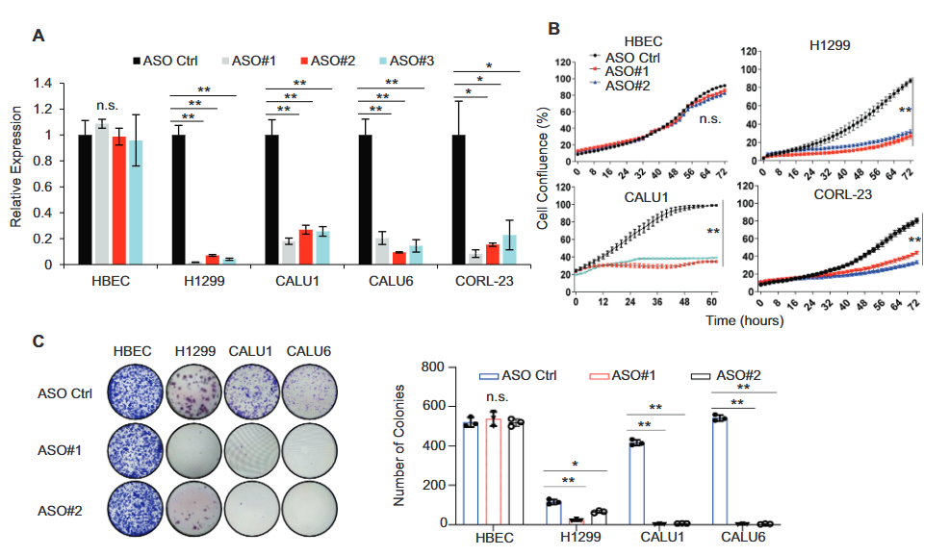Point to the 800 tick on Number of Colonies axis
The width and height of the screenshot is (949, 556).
tap(442, 368)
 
